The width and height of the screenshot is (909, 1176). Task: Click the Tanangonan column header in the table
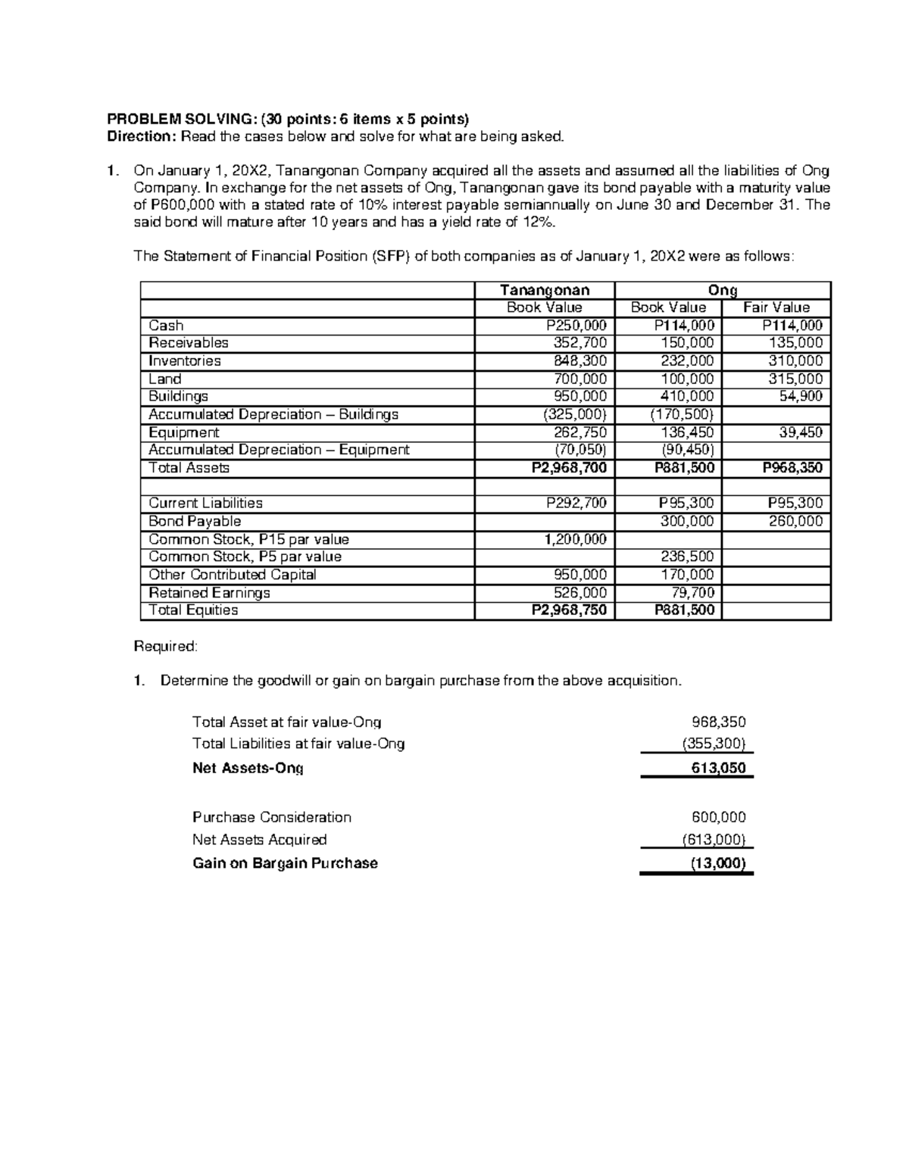[545, 290]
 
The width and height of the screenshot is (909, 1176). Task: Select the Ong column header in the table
[723, 290]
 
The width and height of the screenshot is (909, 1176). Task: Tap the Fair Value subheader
[776, 307]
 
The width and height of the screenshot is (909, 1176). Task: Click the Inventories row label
[185, 361]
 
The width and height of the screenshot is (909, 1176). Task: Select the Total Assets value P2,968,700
[570, 468]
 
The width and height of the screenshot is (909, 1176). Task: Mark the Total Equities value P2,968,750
[570, 610]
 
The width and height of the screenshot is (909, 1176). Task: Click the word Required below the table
[165, 646]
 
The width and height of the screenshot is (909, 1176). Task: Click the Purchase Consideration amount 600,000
[719, 817]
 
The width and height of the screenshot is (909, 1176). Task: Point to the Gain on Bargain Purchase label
[285, 863]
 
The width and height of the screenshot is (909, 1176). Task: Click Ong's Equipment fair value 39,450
[801, 432]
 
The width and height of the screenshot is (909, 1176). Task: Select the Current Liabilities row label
[205, 503]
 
